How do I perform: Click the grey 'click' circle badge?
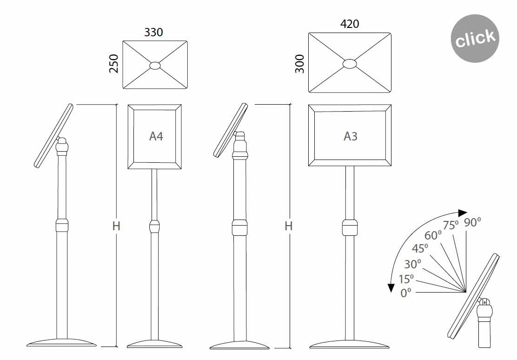click(x=475, y=38)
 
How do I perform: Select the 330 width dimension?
click(x=153, y=32)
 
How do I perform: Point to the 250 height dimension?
click(x=114, y=64)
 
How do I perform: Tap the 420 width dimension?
click(x=349, y=24)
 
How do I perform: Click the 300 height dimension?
click(x=300, y=64)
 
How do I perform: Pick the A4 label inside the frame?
click(x=156, y=136)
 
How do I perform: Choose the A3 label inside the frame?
click(x=351, y=136)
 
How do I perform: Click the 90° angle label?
click(x=472, y=223)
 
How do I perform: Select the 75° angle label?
click(x=451, y=226)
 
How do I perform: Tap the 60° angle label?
click(x=433, y=235)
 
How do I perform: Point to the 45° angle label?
click(x=420, y=249)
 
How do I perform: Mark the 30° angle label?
click(x=412, y=264)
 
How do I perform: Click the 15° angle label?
click(x=406, y=280)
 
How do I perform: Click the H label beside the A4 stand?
click(x=116, y=226)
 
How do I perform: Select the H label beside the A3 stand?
click(x=289, y=226)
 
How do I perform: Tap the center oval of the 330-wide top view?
click(x=155, y=66)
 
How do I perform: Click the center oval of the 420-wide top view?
click(x=350, y=63)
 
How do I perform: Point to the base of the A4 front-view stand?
click(x=154, y=345)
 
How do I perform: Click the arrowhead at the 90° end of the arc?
click(x=462, y=213)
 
